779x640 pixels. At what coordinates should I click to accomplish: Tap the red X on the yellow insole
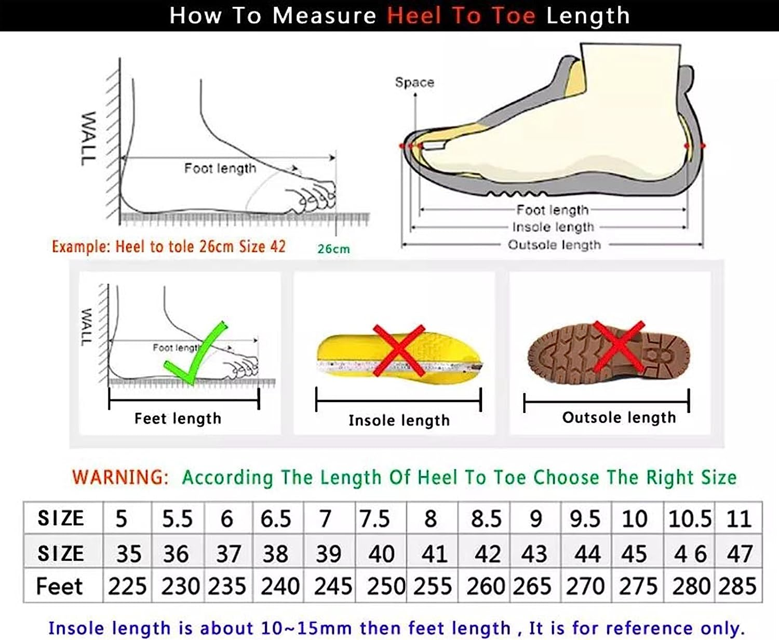(x=399, y=350)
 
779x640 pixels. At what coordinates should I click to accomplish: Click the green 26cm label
(x=333, y=249)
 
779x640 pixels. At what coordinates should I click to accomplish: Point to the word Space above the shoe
(x=414, y=82)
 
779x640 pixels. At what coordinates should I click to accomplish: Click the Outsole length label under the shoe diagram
(x=554, y=245)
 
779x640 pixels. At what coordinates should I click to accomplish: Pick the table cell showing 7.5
(x=374, y=518)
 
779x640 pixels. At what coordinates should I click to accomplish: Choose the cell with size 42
(x=487, y=554)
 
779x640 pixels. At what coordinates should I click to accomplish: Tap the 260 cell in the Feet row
(x=486, y=586)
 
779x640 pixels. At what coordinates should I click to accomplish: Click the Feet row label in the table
(x=59, y=586)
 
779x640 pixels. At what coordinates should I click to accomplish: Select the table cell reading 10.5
(x=690, y=518)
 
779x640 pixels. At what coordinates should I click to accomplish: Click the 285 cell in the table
(x=737, y=586)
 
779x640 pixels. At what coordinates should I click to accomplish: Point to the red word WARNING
(x=120, y=477)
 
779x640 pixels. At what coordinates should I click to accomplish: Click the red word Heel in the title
(x=414, y=16)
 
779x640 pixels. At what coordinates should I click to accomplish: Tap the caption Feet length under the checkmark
(x=178, y=418)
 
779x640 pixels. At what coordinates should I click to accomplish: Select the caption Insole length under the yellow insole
(x=399, y=420)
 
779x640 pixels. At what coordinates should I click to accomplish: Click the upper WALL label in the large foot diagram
(x=88, y=138)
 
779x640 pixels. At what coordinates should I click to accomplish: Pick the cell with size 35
(x=128, y=554)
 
